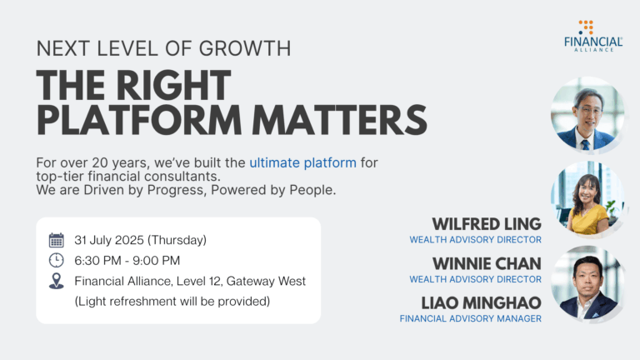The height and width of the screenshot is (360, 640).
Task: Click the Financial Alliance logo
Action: point(593,36)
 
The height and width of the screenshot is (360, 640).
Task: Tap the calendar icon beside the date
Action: point(57,240)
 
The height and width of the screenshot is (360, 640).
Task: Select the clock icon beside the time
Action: point(57,260)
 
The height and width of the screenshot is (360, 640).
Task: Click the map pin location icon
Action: point(57,281)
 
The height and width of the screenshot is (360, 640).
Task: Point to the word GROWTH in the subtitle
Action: point(245,48)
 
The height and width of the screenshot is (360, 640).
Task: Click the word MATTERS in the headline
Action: point(340,120)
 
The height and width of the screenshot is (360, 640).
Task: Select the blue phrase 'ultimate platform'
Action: point(302,162)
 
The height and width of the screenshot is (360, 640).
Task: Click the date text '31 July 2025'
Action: point(109,240)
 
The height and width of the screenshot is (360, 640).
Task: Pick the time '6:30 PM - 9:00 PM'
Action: point(127,260)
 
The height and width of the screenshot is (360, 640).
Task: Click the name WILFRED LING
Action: point(487,224)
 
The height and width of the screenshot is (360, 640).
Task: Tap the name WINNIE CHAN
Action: point(487,263)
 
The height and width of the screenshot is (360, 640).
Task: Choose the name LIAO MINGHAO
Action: point(481,302)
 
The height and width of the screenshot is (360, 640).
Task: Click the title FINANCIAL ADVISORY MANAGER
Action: point(471,319)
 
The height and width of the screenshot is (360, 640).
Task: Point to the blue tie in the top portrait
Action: point(586,145)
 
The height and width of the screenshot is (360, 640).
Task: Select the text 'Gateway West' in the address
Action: point(266,281)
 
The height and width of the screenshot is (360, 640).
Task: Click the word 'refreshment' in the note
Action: point(142,302)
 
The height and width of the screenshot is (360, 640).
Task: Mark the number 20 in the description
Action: point(100,162)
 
